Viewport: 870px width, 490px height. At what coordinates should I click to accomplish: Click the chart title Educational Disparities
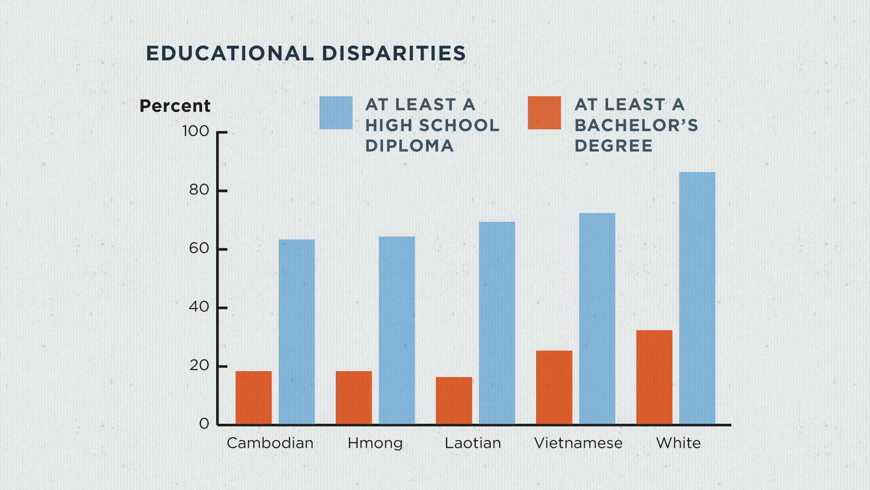point(306,54)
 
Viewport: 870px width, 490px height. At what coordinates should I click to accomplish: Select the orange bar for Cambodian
point(254,398)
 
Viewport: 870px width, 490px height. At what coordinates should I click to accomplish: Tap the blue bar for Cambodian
point(297,332)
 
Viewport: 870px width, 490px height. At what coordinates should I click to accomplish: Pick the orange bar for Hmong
point(354,398)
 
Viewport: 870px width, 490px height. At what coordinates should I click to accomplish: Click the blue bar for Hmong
point(397,330)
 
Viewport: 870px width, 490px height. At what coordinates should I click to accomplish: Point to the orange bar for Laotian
point(454,401)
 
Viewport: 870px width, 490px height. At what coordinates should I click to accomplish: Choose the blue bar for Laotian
point(497,323)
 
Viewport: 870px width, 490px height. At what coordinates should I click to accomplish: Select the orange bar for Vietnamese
point(554,387)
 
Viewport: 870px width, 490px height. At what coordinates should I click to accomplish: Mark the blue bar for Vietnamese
point(597,318)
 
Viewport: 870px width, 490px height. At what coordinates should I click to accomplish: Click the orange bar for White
point(654,377)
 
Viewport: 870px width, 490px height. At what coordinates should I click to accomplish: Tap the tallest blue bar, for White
point(697,298)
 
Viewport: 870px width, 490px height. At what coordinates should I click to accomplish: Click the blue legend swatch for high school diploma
point(336,113)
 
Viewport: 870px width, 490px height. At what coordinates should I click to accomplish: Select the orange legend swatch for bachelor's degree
point(544,113)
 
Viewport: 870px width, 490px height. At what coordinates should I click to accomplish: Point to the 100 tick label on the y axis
point(196,132)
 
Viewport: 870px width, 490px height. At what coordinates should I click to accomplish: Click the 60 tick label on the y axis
point(199,249)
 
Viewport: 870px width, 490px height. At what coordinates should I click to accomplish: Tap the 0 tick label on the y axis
point(204,424)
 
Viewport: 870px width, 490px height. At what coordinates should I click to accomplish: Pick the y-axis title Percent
point(175,106)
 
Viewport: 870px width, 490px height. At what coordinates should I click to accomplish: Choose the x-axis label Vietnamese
point(578,443)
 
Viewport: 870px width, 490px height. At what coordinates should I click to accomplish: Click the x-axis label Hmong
point(375,443)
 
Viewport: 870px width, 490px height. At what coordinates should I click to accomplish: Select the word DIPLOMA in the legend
point(410,146)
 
